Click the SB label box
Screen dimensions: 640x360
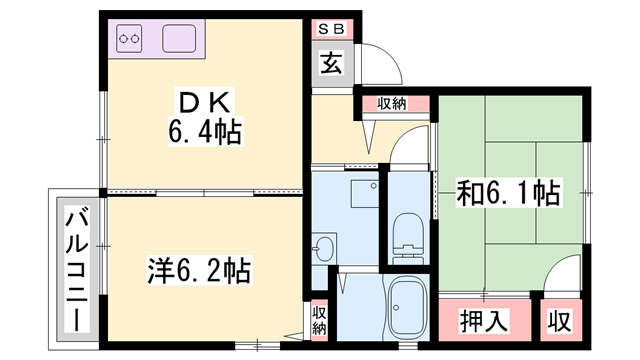click(x=332, y=29)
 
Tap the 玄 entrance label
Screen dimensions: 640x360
click(x=331, y=63)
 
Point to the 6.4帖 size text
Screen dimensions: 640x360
click(x=205, y=131)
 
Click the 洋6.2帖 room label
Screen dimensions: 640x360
click(x=199, y=270)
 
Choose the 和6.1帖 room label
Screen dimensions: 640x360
click(x=508, y=193)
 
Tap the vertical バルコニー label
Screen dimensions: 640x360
click(x=77, y=270)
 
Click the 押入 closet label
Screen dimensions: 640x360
click(x=484, y=321)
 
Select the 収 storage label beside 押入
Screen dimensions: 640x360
click(x=560, y=321)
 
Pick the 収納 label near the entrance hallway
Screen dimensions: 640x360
click(x=392, y=104)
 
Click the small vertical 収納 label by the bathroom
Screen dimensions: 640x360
click(x=319, y=320)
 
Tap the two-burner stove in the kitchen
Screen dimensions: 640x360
click(x=129, y=38)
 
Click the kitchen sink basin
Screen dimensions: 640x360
click(x=179, y=38)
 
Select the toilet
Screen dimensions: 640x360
click(x=408, y=239)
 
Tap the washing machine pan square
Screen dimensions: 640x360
click(x=365, y=193)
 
